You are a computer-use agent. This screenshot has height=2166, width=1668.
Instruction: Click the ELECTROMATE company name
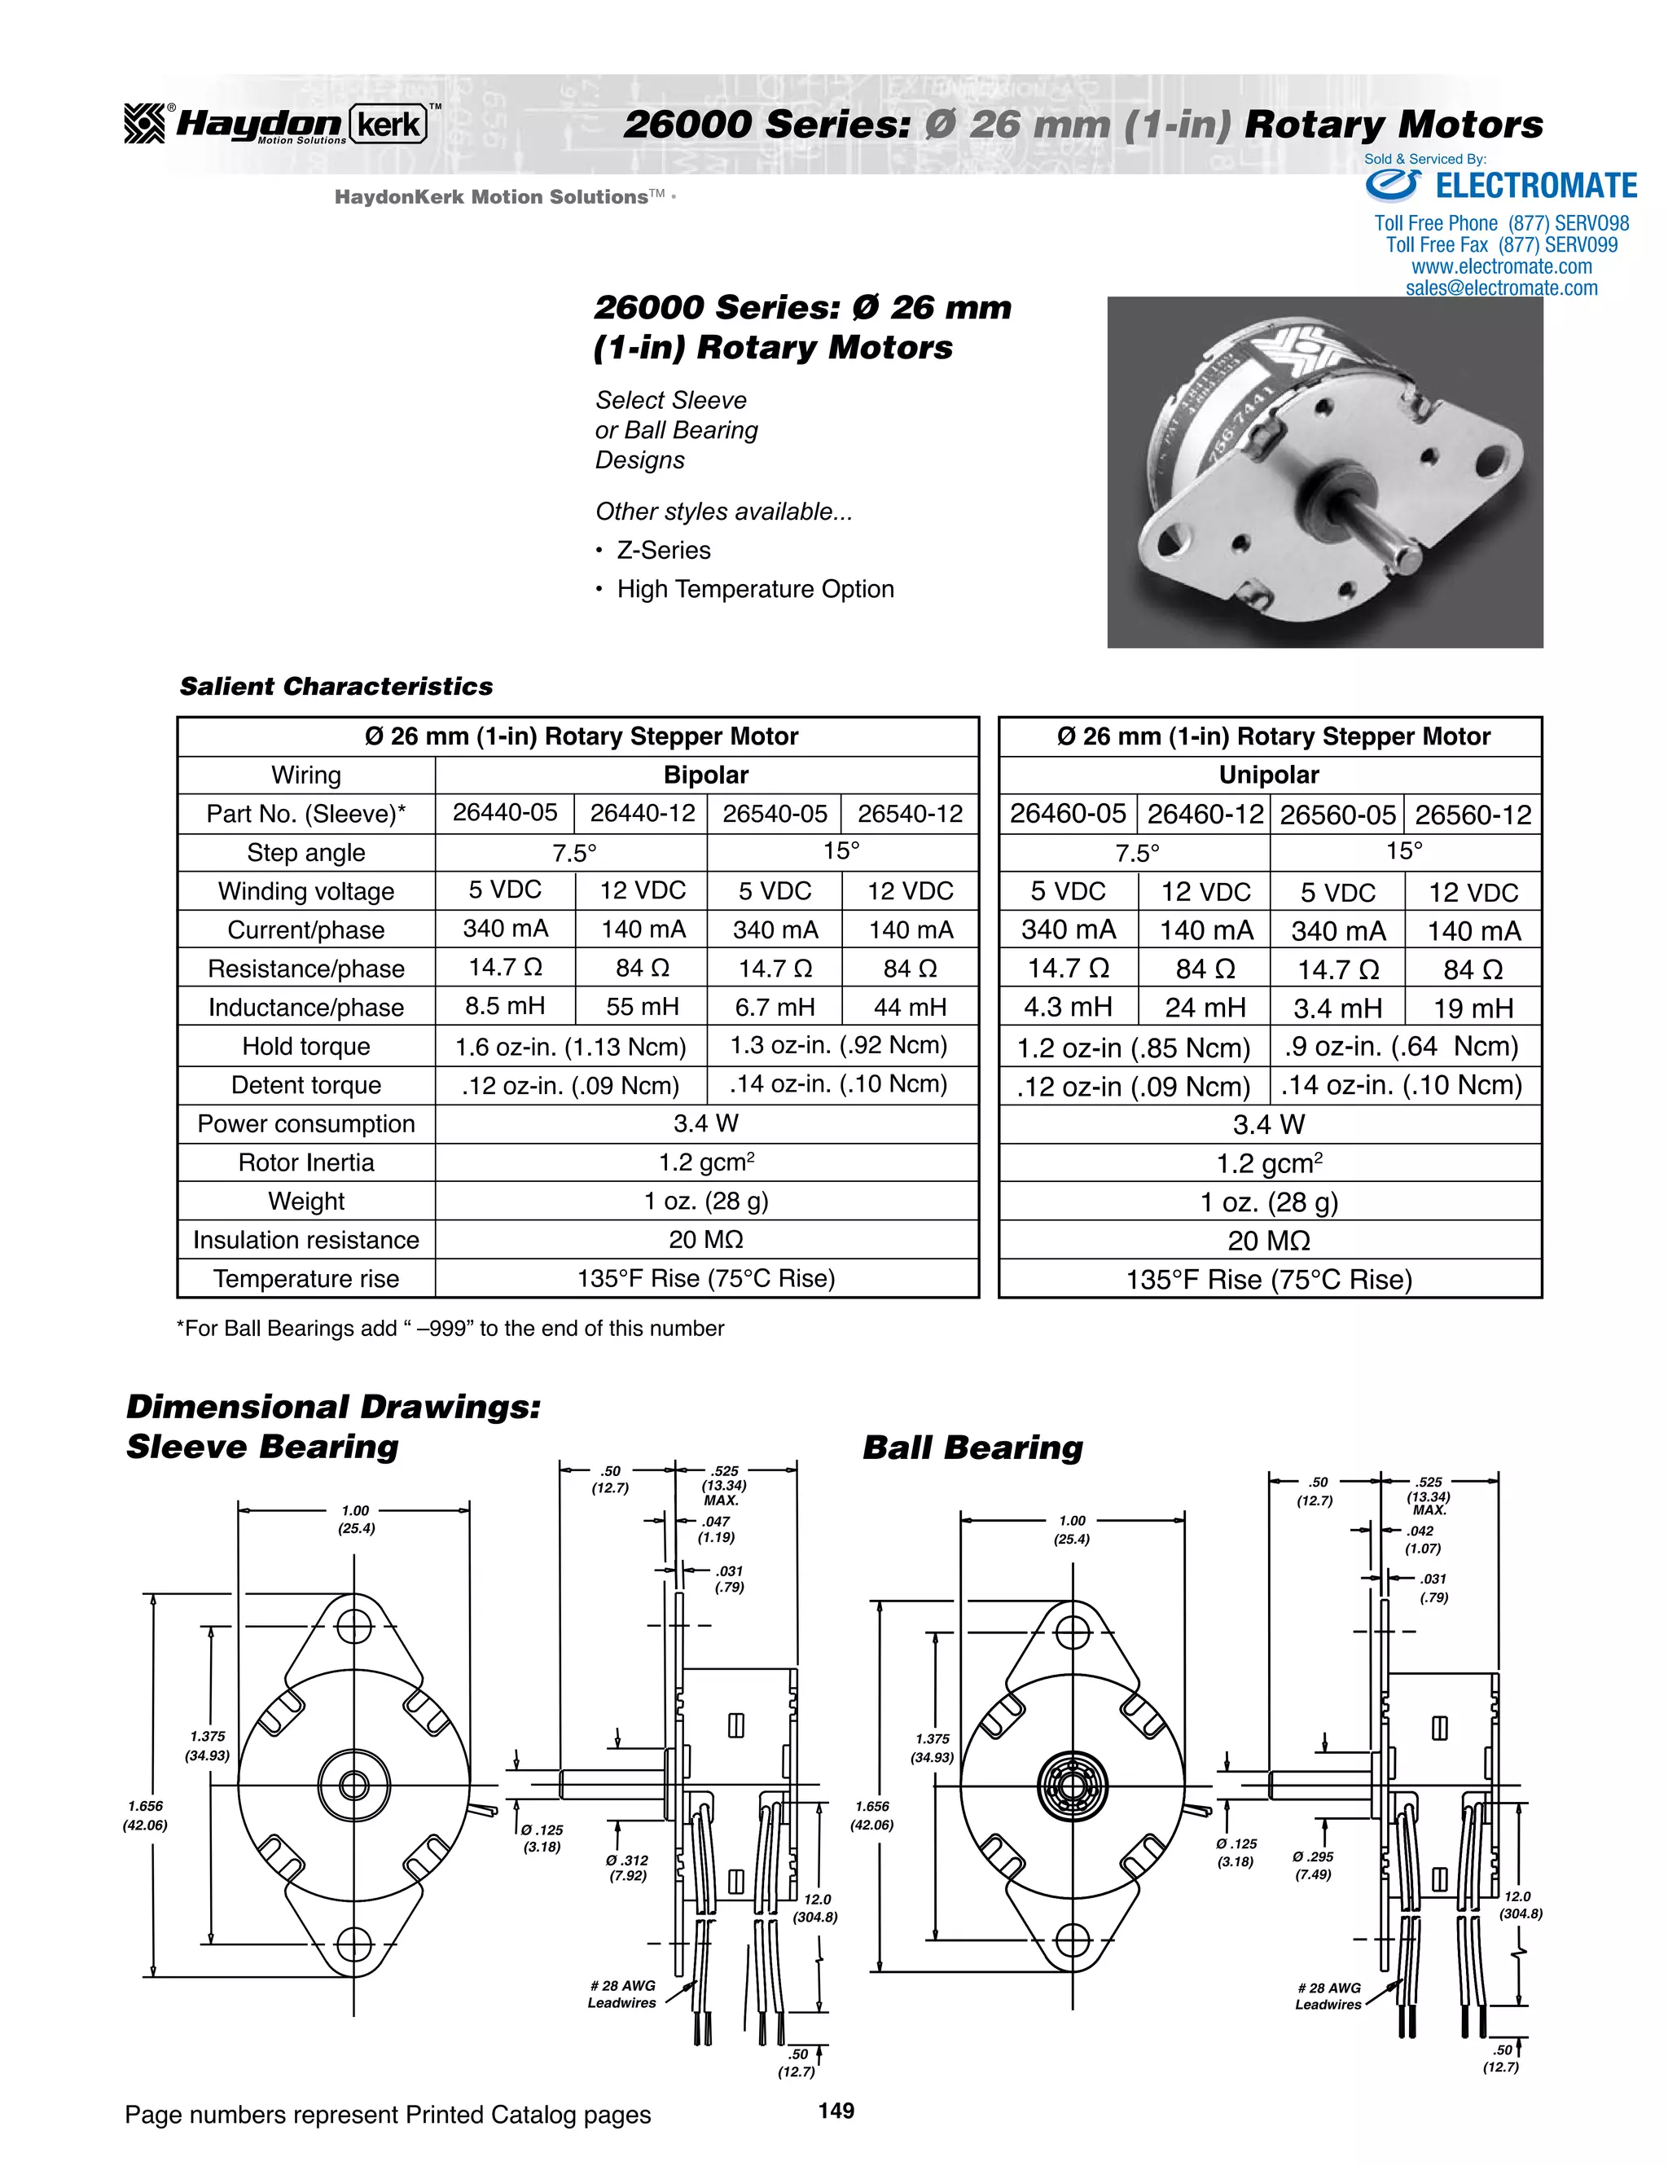tap(1535, 187)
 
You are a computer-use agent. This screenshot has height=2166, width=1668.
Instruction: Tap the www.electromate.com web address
tap(1501, 267)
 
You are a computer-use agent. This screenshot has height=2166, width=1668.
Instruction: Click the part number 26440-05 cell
tap(505, 813)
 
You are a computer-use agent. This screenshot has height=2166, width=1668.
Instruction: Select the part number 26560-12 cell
tap(1473, 815)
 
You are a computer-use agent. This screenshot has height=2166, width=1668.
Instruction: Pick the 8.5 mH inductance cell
tap(505, 1007)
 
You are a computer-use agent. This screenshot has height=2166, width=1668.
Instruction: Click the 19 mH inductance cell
tap(1473, 1008)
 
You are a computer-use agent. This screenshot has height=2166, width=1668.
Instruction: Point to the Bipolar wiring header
tap(705, 775)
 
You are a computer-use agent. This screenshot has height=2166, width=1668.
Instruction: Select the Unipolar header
tap(1268, 775)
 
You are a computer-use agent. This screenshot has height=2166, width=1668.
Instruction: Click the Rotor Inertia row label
tap(305, 1162)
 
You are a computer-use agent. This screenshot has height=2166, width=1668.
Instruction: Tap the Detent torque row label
tap(305, 1085)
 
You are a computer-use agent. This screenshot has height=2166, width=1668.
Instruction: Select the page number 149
tap(836, 2111)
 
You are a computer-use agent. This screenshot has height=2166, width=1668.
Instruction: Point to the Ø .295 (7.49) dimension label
tap(1312, 1865)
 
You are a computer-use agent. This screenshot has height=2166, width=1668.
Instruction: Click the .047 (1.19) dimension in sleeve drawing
tap(716, 1529)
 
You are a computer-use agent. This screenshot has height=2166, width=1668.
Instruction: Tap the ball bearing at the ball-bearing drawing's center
tap(1072, 1785)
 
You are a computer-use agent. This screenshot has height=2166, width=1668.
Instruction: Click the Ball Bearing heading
tap(972, 1447)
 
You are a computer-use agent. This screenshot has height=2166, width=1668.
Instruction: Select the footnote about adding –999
tap(450, 1328)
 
